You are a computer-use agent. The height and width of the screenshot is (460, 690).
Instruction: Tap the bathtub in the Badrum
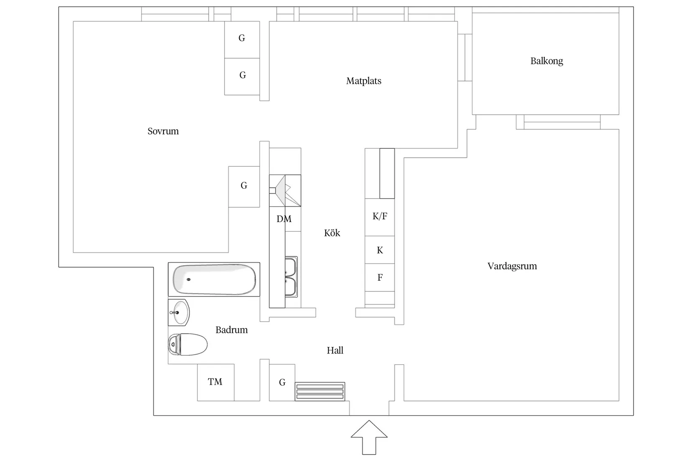[214, 279]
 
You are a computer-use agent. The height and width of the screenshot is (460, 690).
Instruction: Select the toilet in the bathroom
[188, 345]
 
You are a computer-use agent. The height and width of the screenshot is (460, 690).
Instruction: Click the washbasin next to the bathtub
[179, 312]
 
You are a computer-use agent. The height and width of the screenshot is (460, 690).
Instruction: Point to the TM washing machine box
[215, 382]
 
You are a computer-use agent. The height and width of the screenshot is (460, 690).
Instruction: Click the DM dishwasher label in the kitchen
[284, 219]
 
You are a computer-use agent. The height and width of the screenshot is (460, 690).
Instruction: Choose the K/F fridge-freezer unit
[380, 217]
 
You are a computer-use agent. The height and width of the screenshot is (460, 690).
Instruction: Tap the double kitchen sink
[291, 277]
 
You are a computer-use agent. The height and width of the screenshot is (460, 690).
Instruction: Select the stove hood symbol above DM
[285, 191]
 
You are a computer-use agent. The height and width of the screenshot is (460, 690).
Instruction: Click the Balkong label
[547, 61]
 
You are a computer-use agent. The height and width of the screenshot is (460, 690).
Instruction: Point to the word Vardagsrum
[512, 266]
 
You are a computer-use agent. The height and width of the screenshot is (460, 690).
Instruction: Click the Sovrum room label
[163, 131]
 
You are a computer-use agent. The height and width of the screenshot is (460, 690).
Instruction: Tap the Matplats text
[363, 81]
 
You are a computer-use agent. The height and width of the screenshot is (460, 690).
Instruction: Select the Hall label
[335, 350]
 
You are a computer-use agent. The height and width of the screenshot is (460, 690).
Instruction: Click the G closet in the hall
[282, 382]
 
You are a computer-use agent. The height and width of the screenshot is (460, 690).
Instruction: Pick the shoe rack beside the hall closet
[320, 391]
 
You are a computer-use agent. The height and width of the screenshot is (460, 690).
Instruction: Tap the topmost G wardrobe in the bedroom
[242, 38]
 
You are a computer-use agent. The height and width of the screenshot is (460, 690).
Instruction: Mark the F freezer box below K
[380, 277]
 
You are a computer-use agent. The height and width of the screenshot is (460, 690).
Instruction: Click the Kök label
[332, 233]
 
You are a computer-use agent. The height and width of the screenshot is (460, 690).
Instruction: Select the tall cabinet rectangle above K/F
[387, 173]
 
